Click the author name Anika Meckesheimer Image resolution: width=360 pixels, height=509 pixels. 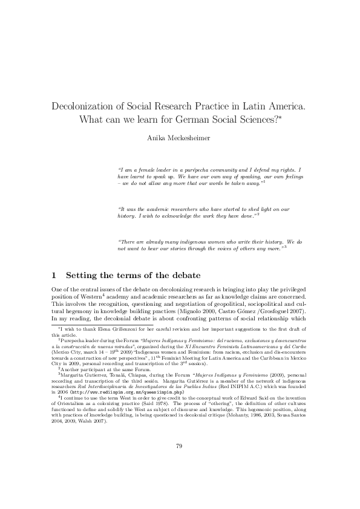(x=180, y=138)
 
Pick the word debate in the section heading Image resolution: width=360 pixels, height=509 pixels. (x=183, y=276)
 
